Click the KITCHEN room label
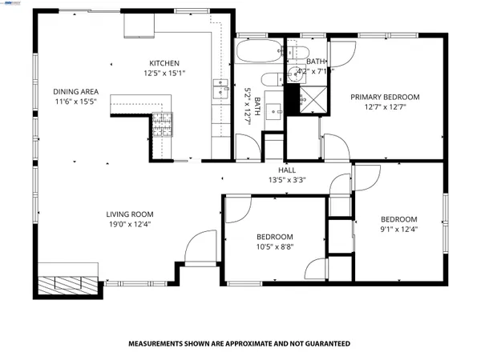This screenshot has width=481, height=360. point(164,63)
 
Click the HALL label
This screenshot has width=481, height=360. point(287,170)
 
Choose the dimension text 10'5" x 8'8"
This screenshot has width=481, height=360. point(274,248)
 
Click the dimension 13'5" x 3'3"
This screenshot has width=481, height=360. point(287,180)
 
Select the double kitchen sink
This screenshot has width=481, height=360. point(219,89)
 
